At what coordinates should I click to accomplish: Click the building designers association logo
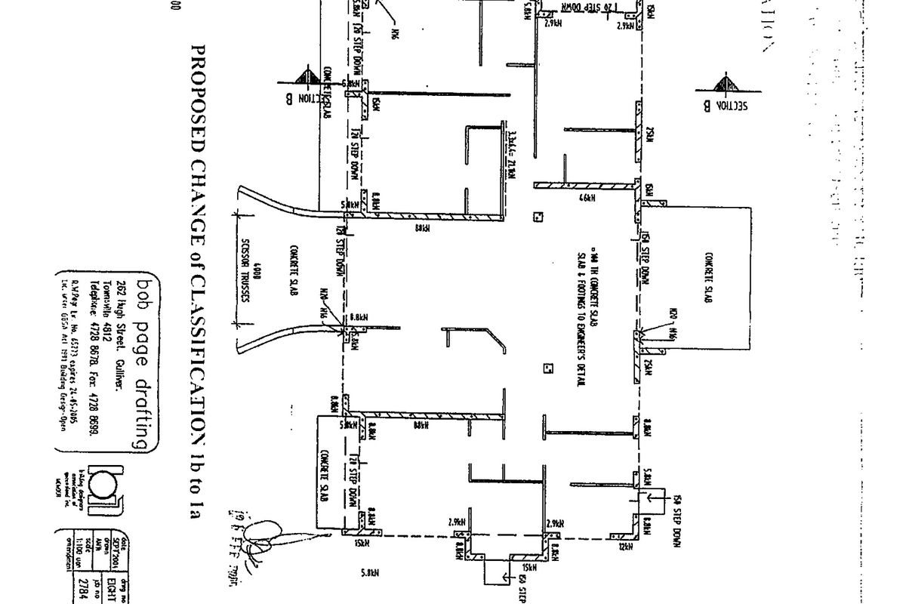103,483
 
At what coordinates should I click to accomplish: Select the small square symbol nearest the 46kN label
538,217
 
